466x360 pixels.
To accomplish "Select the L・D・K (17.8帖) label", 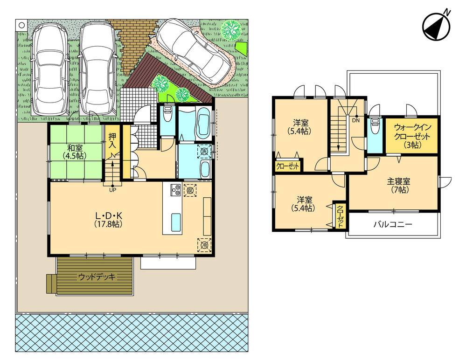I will coord(109,220).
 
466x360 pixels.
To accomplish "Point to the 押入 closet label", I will coord(112,141).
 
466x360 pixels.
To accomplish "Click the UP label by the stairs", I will coord(112,190).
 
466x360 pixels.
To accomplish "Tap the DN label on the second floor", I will coord(356,120).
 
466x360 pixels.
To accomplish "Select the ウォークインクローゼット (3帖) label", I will coord(411,135).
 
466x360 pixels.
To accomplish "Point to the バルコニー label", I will coord(392,224).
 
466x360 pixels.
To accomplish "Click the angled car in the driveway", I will coord(194,52).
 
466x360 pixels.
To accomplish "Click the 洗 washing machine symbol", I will coord(203,151).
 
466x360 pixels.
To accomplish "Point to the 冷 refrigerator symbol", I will coord(203,244).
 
